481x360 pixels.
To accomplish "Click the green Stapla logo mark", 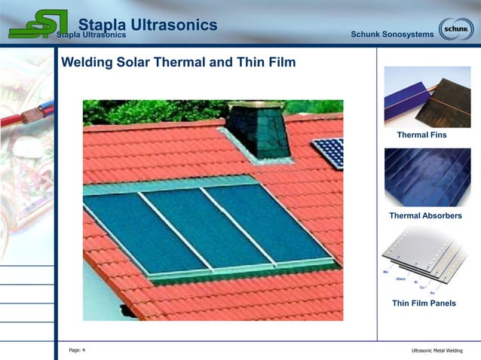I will [x=38, y=24].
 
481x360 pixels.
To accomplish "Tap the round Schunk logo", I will [x=456, y=29].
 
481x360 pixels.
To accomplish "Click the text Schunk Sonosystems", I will [x=392, y=35].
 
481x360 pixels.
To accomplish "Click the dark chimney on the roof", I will [x=258, y=131].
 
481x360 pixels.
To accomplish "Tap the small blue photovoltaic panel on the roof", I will [x=329, y=153].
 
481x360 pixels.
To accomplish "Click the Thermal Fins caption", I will [x=421, y=135].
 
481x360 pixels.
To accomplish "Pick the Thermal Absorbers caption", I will [x=425, y=216].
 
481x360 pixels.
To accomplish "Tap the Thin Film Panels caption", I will [x=424, y=304].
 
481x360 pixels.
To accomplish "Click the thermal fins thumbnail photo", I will [x=427, y=96].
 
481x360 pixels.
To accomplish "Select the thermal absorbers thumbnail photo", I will [x=427, y=178].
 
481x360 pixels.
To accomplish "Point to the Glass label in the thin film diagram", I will [x=400, y=278].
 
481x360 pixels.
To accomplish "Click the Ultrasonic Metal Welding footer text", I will [x=437, y=351].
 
